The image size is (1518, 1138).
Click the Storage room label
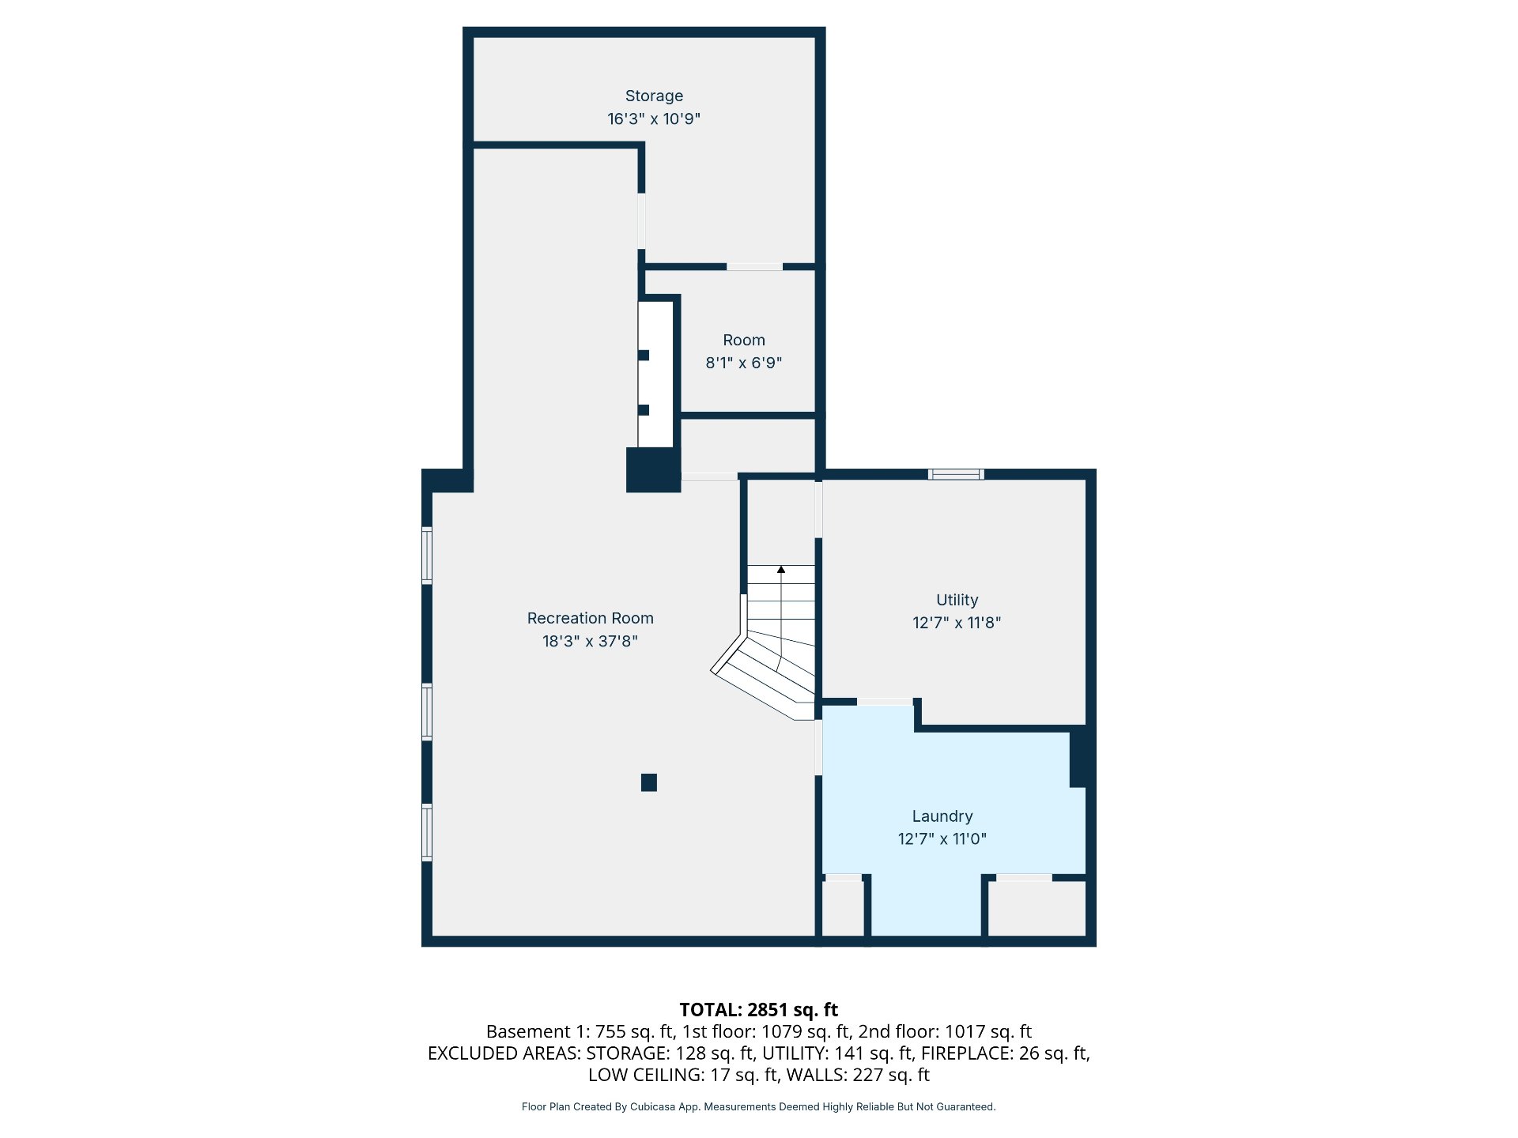[654, 96]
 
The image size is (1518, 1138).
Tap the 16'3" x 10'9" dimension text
[654, 119]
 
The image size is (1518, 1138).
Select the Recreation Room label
[591, 618]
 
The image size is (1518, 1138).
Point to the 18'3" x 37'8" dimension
[590, 641]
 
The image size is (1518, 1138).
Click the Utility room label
[957, 600]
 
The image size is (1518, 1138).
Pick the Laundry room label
[942, 816]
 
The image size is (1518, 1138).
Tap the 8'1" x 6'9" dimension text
[744, 363]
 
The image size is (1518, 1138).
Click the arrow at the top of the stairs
[781, 569]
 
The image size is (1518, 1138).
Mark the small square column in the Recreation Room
[649, 782]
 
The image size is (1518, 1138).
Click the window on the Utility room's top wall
[956, 474]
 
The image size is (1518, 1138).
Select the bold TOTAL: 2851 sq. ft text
[759, 1009]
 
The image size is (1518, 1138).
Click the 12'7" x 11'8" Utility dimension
[957, 623]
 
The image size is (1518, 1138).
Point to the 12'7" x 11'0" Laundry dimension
[942, 838]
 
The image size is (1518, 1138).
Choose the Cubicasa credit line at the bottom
[759, 1106]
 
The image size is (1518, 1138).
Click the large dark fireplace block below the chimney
[654, 470]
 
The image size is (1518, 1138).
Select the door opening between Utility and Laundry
[885, 702]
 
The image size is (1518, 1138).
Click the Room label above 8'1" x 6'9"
[744, 340]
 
